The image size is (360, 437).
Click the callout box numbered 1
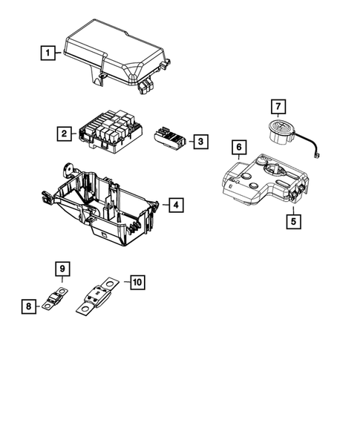[x=48, y=53]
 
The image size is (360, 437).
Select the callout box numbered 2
[x=65, y=134]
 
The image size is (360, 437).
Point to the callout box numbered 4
[x=174, y=205]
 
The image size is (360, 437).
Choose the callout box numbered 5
[x=292, y=220]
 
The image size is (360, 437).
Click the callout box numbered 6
[x=238, y=148]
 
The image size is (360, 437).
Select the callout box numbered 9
[x=63, y=267]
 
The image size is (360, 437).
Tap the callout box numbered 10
[x=136, y=282]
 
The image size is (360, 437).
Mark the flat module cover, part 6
[x=260, y=182]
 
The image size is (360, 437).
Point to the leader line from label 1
[x=60, y=53]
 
